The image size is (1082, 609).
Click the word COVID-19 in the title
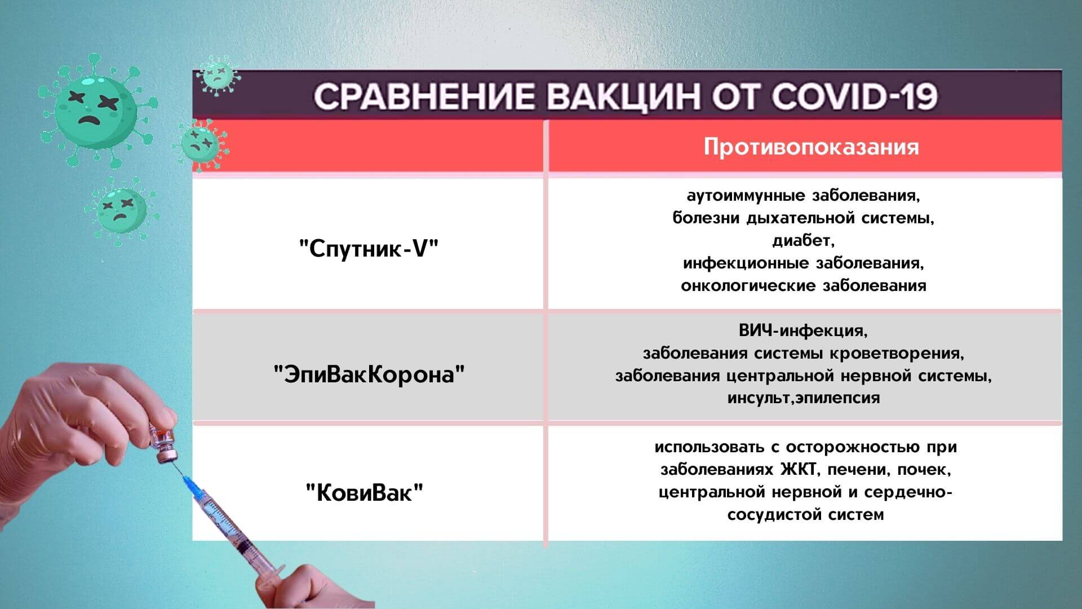click(x=855, y=96)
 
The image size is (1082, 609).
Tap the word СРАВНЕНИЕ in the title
click(x=424, y=96)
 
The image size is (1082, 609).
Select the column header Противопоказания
click(x=811, y=147)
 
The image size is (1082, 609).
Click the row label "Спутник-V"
click(x=369, y=249)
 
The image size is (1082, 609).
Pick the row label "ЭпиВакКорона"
click(x=369, y=374)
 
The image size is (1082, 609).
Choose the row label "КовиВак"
click(x=364, y=493)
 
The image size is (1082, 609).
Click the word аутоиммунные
click(x=747, y=196)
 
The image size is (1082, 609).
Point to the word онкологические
click(x=749, y=286)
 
